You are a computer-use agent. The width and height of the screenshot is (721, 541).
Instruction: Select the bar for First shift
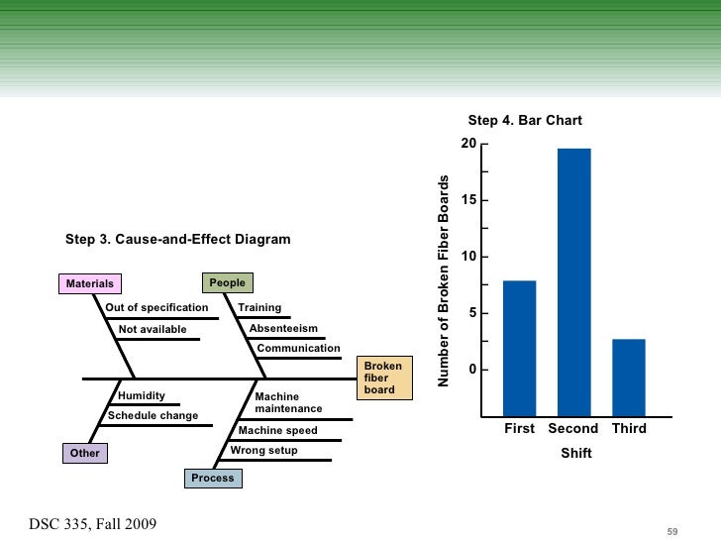519,347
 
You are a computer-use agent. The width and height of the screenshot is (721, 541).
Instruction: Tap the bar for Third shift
629,377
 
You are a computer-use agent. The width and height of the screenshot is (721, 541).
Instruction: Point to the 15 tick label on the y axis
468,201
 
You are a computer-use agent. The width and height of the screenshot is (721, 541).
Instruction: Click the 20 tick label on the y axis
468,145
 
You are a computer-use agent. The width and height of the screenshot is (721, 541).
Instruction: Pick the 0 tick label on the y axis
472,370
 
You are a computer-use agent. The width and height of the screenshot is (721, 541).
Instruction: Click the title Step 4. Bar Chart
525,121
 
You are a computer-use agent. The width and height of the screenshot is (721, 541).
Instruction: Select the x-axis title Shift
575,453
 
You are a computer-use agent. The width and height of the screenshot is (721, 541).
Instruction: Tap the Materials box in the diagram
89,284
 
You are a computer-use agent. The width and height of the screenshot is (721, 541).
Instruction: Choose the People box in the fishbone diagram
227,282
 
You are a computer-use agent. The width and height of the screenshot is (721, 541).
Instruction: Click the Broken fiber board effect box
383,379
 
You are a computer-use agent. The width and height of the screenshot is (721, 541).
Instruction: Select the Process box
213,478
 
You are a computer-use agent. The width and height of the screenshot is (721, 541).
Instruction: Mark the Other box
84,453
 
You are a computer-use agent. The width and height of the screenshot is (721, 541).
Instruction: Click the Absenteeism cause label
283,328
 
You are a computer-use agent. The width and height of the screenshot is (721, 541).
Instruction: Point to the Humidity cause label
142,395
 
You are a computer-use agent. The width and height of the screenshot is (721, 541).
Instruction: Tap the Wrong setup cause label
263,450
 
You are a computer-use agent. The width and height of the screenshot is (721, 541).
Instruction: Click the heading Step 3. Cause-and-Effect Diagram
177,240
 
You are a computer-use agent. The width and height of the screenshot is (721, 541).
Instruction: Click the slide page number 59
672,532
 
